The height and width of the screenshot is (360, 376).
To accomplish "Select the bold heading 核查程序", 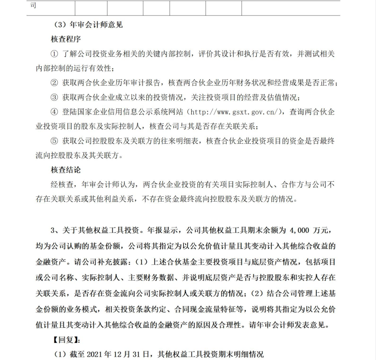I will (x=66, y=38).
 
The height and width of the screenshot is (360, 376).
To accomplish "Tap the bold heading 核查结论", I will (x=66, y=169).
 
